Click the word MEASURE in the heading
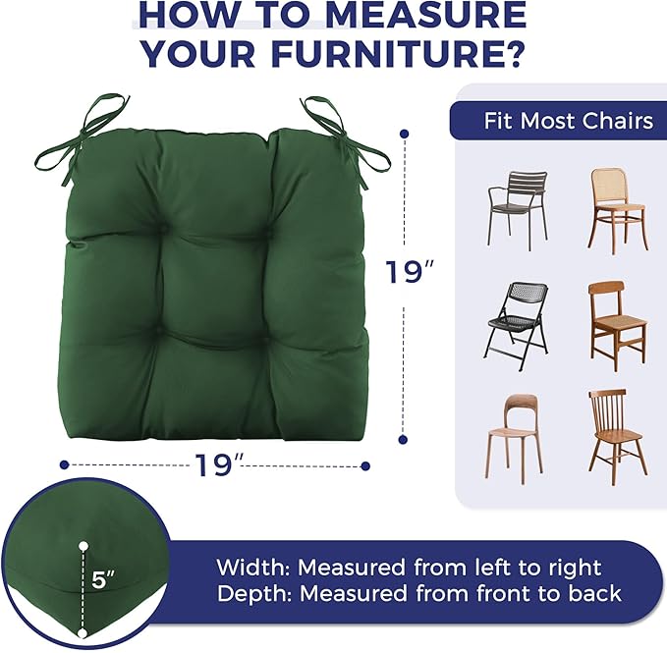[x=425, y=15]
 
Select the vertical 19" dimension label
[x=410, y=272]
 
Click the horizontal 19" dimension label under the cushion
[x=219, y=465]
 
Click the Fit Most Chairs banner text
[x=569, y=121]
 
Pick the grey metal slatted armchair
[x=518, y=210]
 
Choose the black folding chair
[x=516, y=326]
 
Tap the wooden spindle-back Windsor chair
[x=618, y=437]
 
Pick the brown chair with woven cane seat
[x=618, y=326]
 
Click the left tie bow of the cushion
[x=81, y=140]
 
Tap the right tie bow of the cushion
[x=345, y=140]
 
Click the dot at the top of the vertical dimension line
[x=405, y=134]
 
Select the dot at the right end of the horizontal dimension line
[x=365, y=466]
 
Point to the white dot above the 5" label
[x=83, y=546]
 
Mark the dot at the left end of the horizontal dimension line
[x=64, y=464]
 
